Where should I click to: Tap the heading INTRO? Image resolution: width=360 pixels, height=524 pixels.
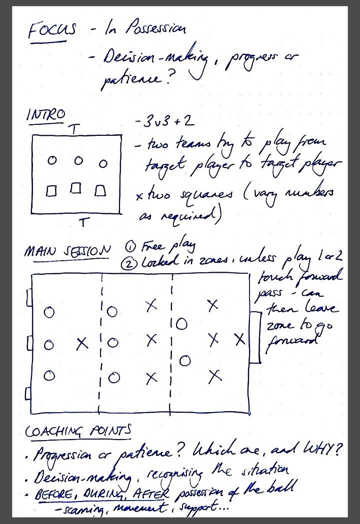(45, 114)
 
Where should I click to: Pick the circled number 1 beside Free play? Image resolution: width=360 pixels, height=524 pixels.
(131, 246)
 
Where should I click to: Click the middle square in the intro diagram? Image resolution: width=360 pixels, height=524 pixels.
(76, 189)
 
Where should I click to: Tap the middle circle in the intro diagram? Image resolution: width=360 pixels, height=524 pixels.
(78, 161)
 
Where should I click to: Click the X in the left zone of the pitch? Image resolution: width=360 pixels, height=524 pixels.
(82, 344)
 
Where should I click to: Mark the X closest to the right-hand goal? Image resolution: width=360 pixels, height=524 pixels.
(240, 340)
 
